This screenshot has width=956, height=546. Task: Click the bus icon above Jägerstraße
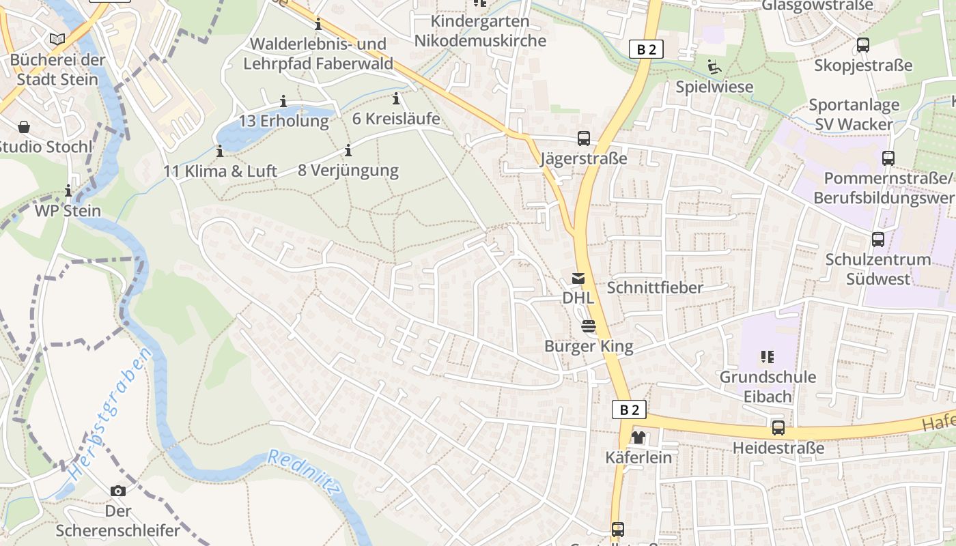584,139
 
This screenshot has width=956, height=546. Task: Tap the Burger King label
589,346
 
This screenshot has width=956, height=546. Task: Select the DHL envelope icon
578,278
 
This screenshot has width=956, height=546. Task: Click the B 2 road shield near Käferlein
629,409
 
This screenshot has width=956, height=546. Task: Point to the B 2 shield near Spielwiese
646,49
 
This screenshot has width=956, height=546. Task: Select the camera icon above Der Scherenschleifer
118,491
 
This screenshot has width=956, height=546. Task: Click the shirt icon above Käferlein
638,437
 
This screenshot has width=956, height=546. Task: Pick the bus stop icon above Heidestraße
778,428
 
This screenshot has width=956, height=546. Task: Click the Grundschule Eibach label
768,386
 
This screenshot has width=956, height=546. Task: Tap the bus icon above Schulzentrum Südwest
878,240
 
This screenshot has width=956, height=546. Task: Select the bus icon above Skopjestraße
863,46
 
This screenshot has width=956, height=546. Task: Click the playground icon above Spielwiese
714,67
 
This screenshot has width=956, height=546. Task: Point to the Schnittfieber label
654,287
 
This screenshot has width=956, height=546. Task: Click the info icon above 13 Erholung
283,102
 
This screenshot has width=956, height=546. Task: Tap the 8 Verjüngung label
348,170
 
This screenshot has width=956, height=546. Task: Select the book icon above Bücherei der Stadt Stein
58,39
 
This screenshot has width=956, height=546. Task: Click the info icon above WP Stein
68,190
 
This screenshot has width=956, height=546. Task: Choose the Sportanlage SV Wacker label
854,115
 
